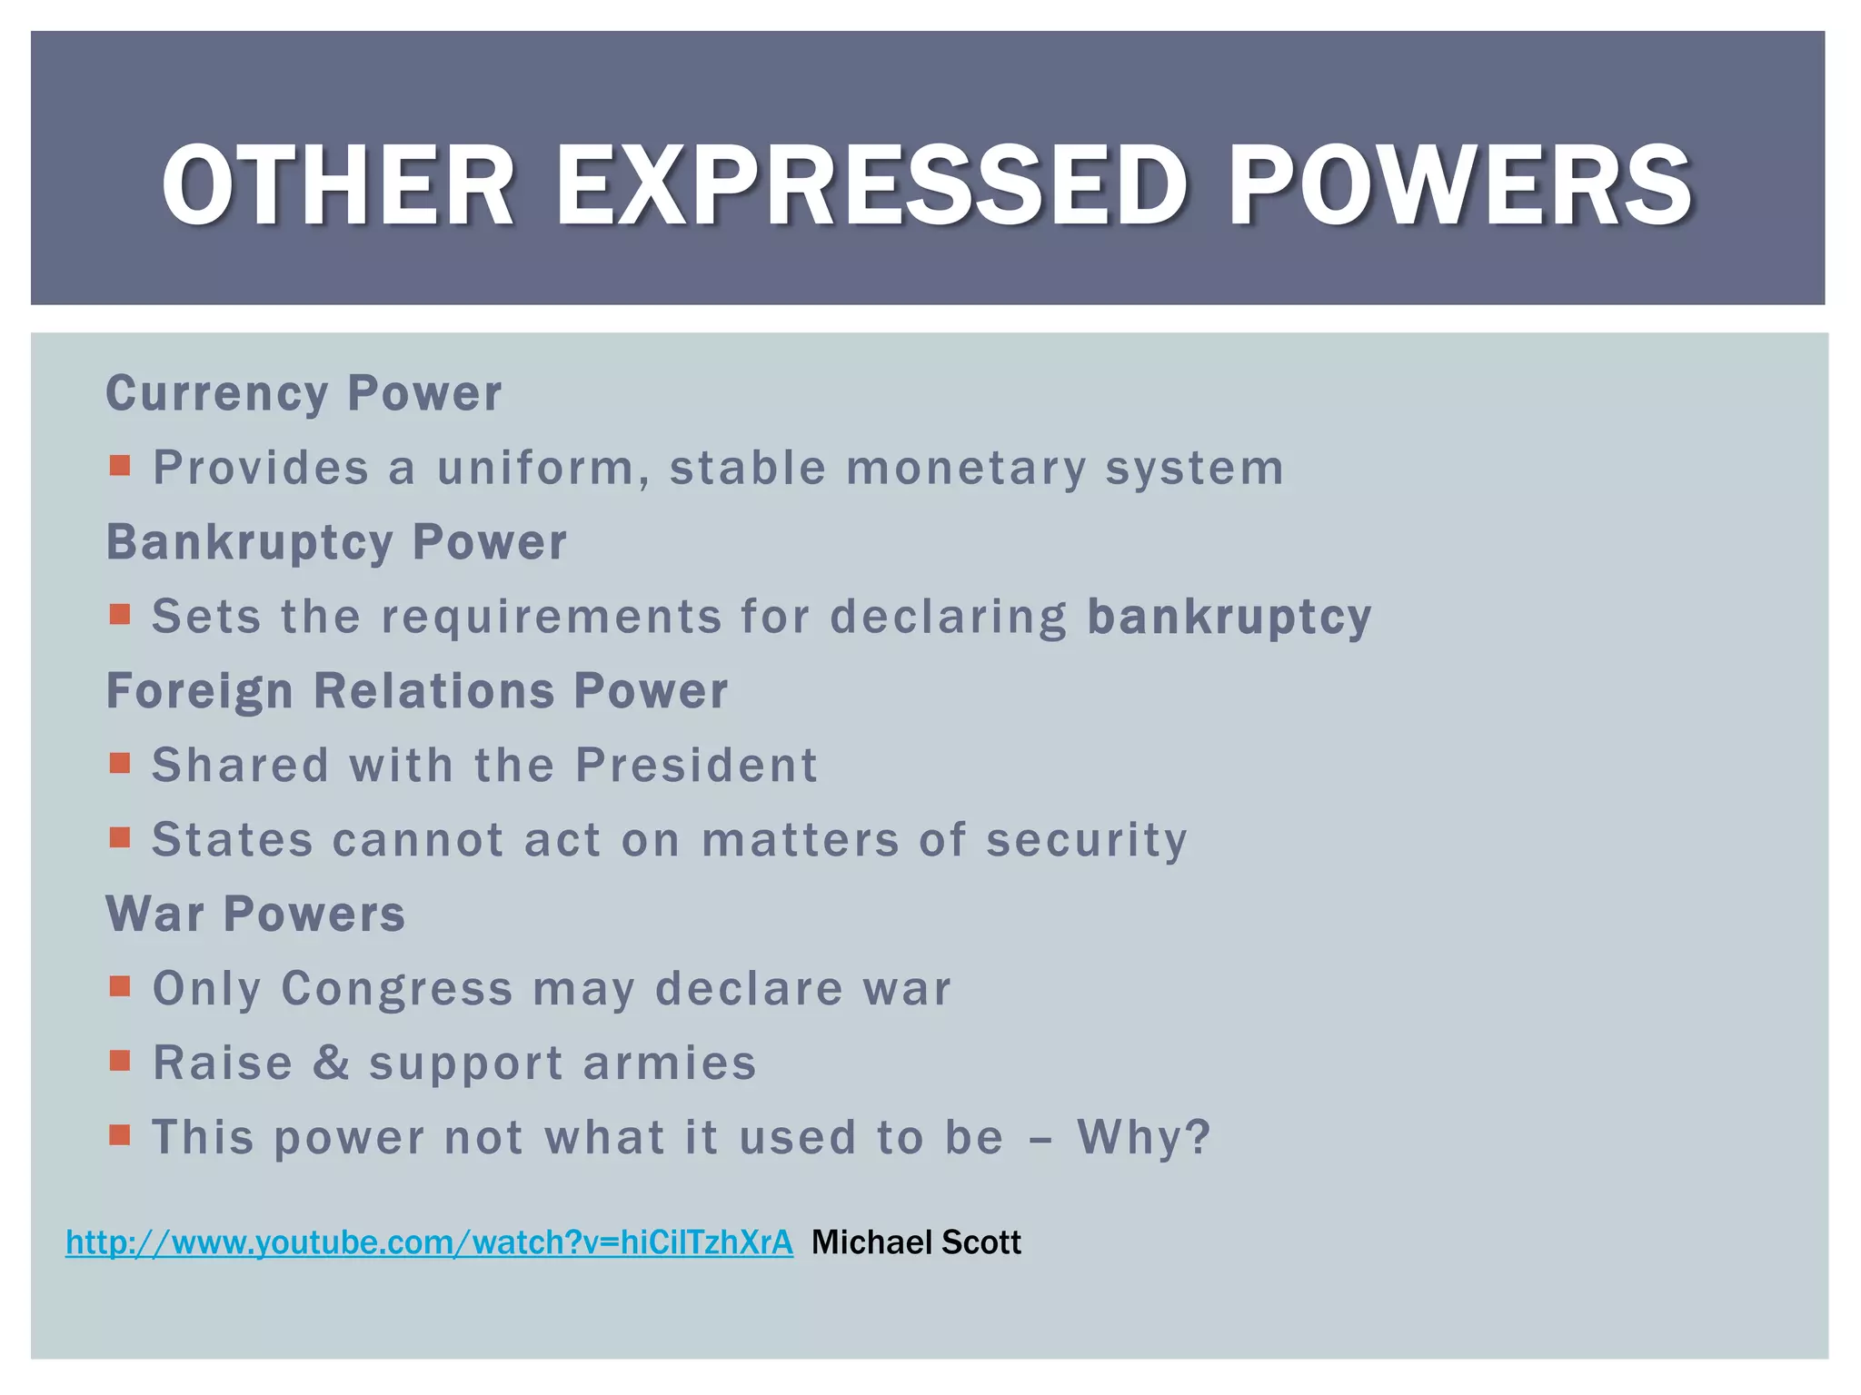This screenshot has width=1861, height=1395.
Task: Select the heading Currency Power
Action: click(304, 393)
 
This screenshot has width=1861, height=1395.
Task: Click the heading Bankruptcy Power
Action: click(336, 542)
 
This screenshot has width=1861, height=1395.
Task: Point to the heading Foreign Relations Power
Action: click(417, 691)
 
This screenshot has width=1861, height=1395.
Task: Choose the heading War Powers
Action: click(255, 914)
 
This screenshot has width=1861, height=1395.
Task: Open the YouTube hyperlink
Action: click(429, 1242)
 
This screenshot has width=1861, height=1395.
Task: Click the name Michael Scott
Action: click(916, 1242)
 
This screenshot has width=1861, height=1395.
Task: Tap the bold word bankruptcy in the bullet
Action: click(1229, 617)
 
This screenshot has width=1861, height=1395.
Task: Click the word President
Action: click(697, 765)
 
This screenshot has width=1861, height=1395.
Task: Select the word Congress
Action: click(397, 988)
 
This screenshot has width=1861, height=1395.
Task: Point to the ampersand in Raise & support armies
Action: click(332, 1063)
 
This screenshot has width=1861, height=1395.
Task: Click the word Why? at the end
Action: click(1144, 1137)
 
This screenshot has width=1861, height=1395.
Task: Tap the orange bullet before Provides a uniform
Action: click(120, 467)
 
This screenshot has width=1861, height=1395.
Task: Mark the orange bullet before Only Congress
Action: click(120, 986)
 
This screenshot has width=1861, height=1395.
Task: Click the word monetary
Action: click(966, 469)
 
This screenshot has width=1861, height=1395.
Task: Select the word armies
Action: click(670, 1063)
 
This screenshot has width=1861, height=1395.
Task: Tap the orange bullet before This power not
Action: click(120, 1135)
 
